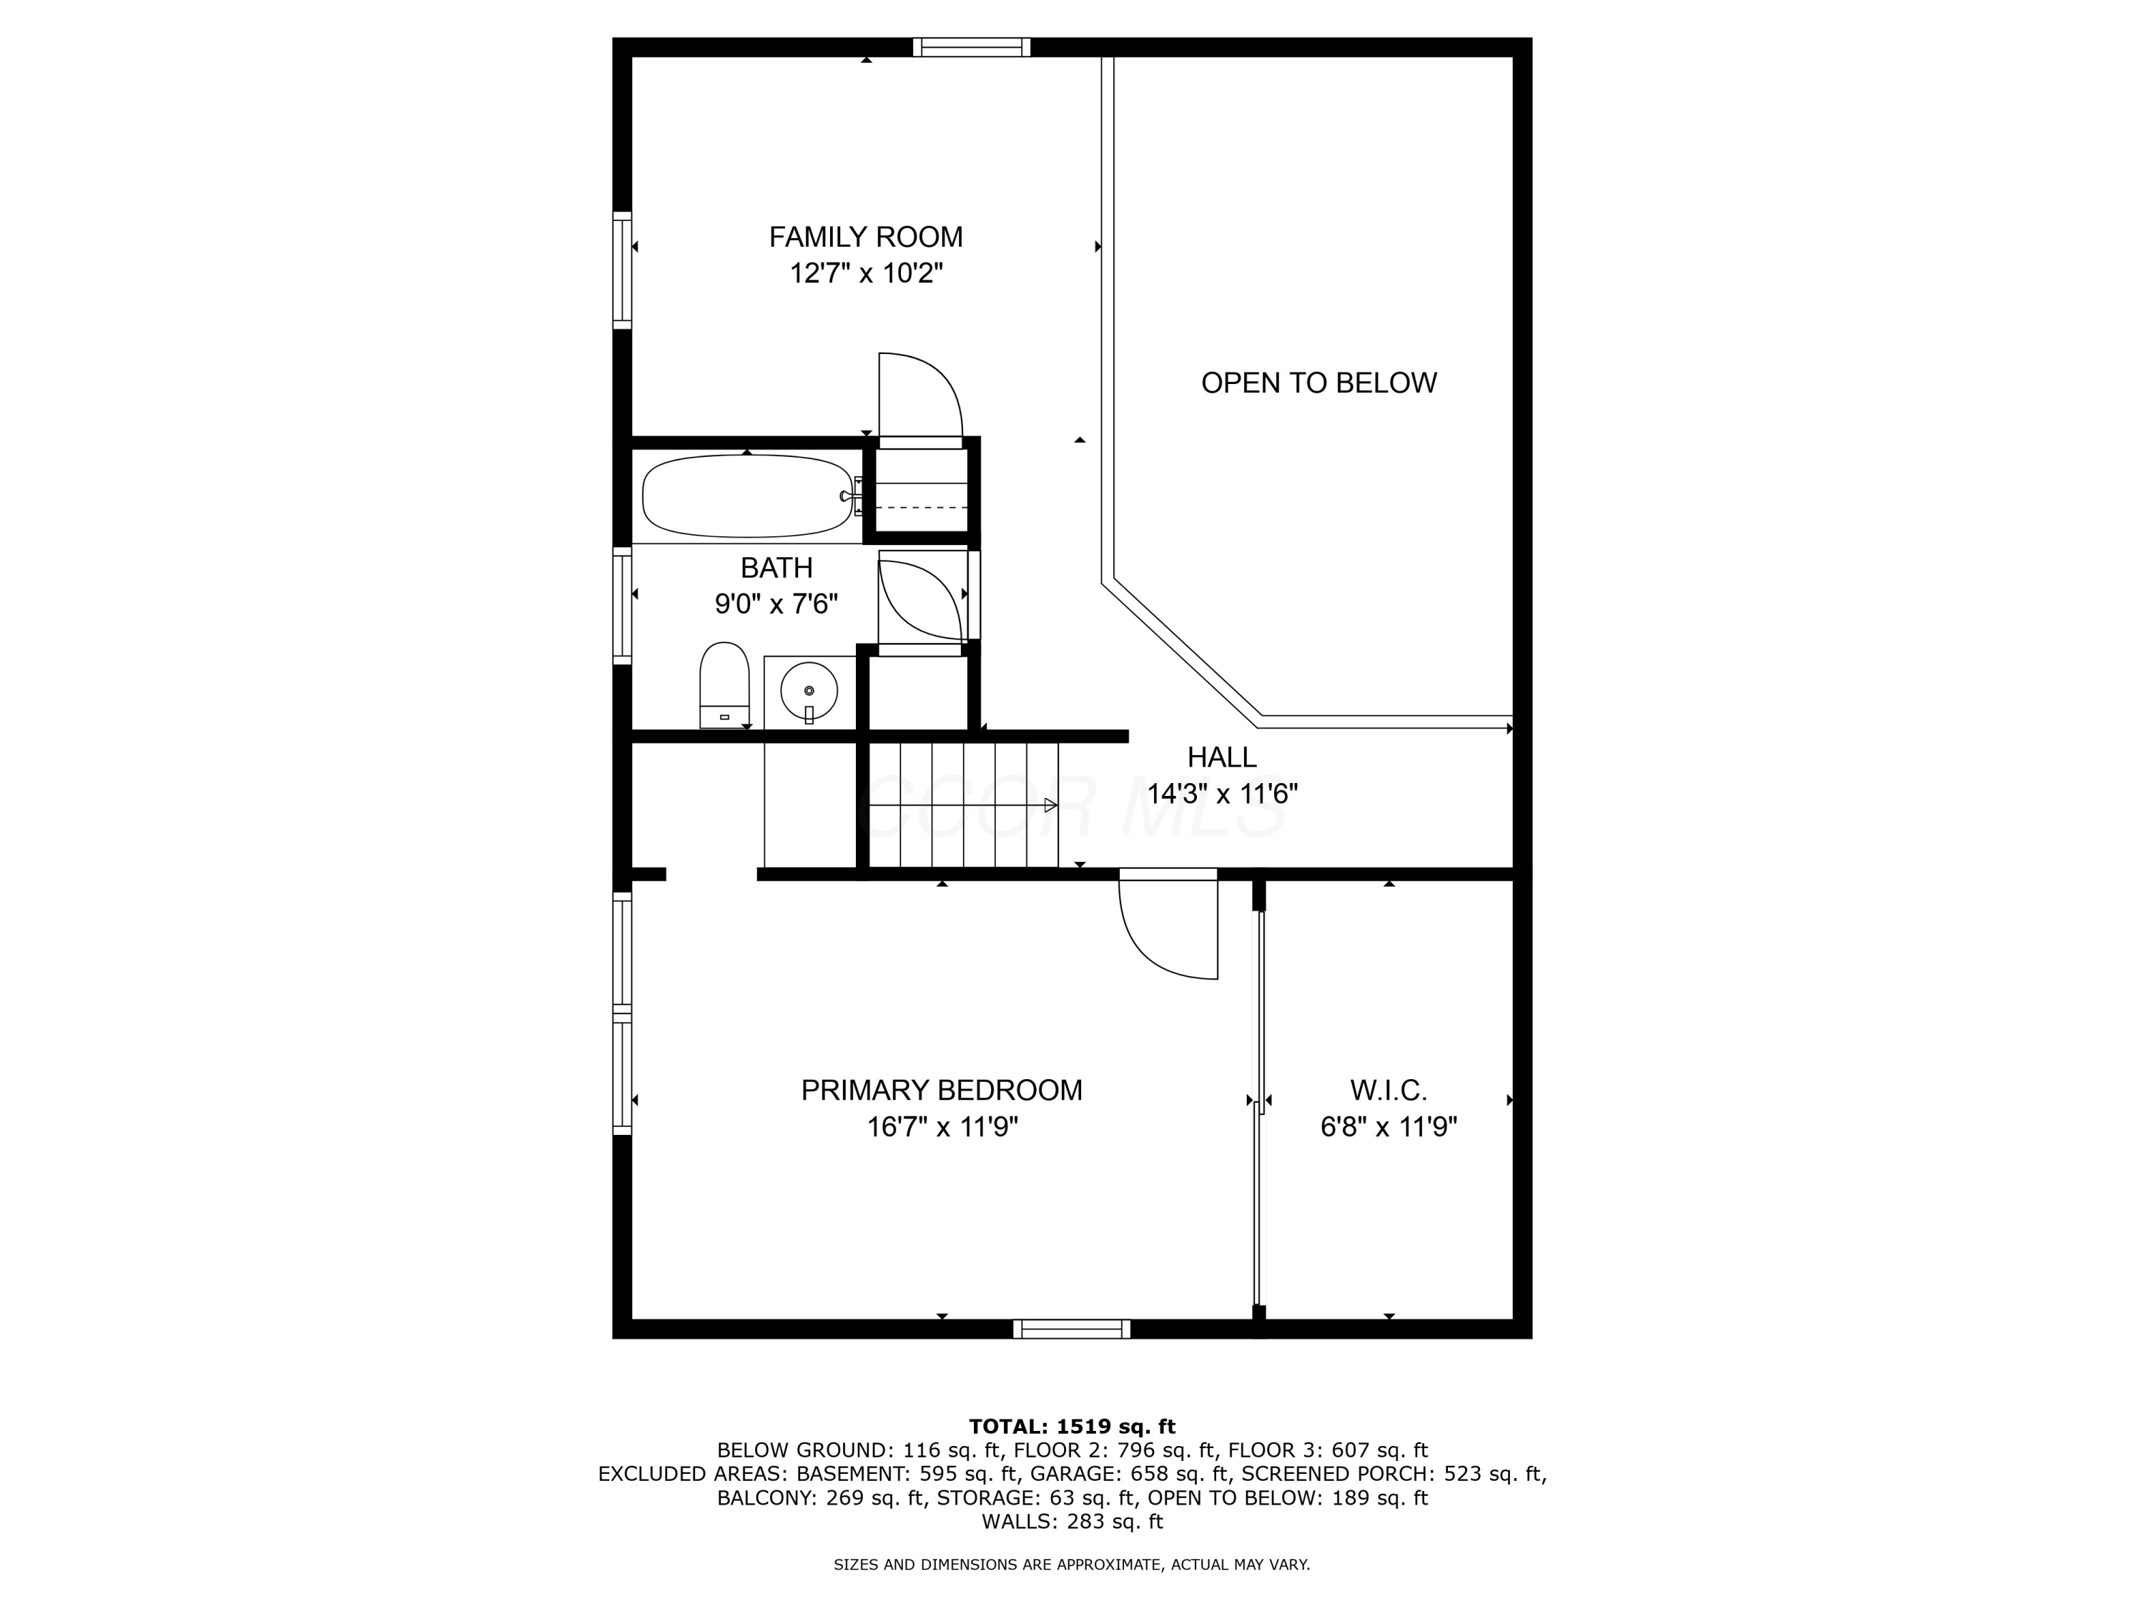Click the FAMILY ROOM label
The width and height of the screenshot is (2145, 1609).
(x=865, y=237)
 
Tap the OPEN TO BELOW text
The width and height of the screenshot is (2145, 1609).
(x=1318, y=383)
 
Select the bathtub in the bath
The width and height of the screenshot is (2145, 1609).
(x=746, y=496)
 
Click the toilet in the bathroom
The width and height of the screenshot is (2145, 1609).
(x=724, y=684)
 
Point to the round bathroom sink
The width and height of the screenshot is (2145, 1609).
(x=809, y=691)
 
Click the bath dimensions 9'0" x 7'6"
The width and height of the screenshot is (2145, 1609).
(x=776, y=604)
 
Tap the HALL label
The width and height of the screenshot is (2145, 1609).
(x=1221, y=757)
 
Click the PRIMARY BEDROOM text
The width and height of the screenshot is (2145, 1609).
(x=941, y=1090)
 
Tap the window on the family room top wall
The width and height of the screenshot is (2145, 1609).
(x=971, y=47)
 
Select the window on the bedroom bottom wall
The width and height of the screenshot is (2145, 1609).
(x=1072, y=1329)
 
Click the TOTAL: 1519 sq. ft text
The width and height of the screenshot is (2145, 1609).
(x=1072, y=1427)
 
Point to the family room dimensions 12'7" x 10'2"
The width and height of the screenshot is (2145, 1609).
(x=865, y=273)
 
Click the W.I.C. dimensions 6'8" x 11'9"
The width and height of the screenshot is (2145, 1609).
(x=1388, y=1127)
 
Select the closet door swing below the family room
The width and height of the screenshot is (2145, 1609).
(x=919, y=398)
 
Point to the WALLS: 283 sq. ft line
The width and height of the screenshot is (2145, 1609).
(x=1072, y=1522)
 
